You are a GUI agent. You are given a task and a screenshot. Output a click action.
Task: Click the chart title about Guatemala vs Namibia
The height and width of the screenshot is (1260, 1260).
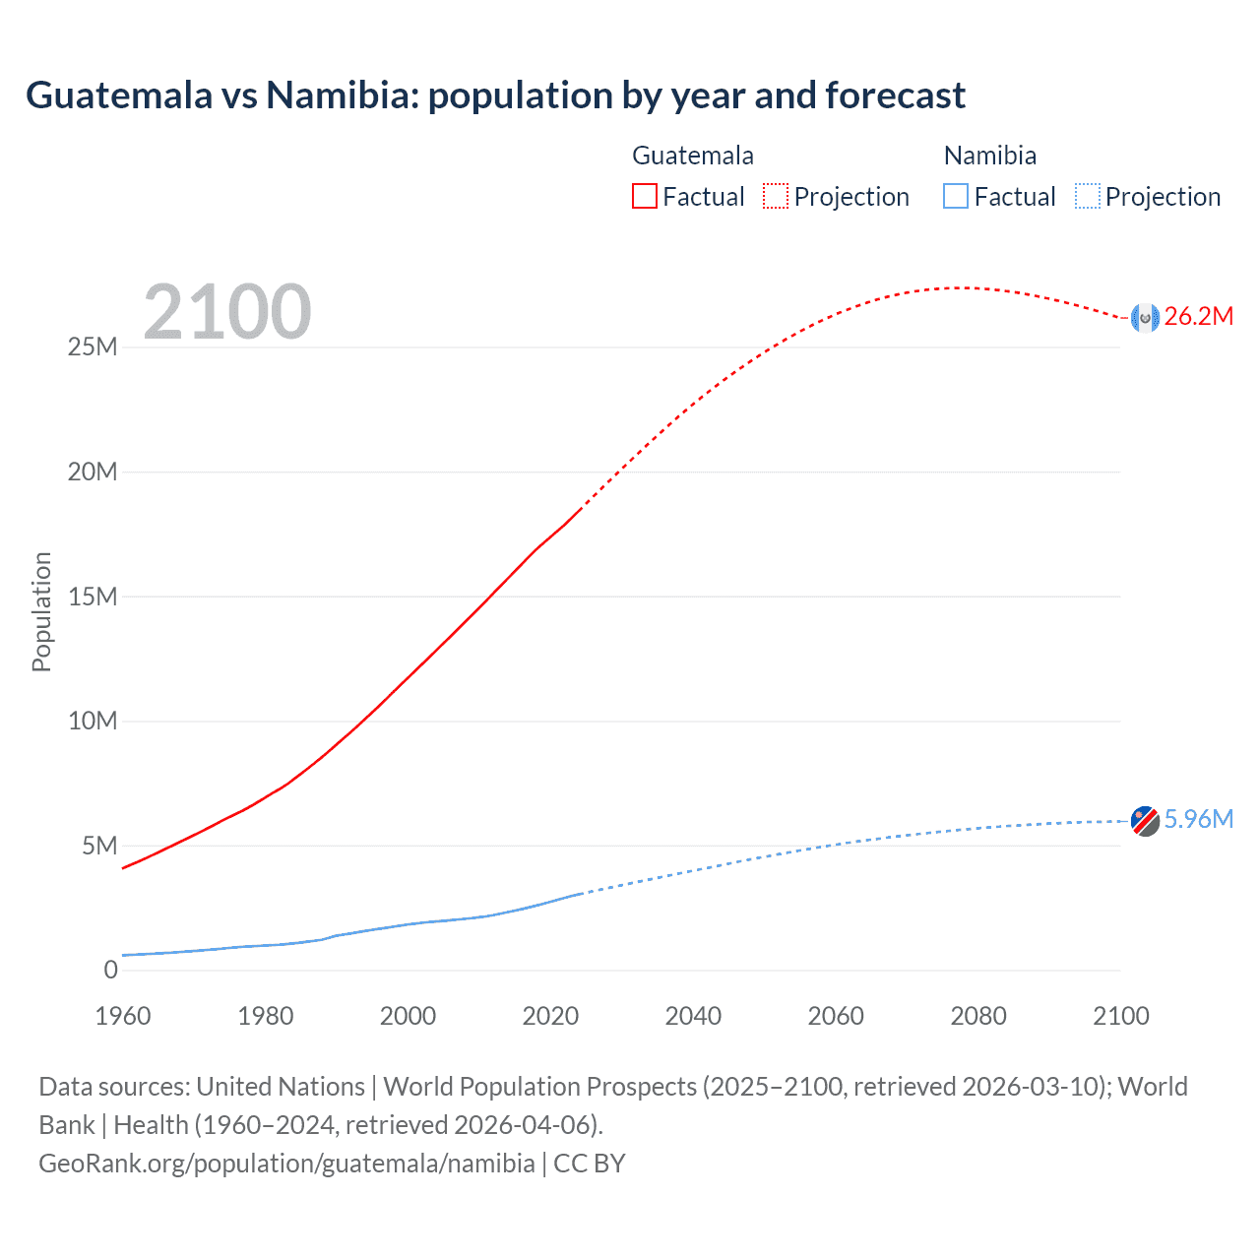pyautogui.click(x=495, y=95)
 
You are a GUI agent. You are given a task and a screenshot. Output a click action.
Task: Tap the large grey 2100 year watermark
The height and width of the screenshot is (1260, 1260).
pyautogui.click(x=227, y=312)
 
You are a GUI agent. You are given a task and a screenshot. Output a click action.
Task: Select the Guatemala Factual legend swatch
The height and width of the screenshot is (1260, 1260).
pyautogui.click(x=644, y=196)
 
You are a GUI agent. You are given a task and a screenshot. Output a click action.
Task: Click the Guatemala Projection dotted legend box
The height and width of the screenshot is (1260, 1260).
pyautogui.click(x=776, y=196)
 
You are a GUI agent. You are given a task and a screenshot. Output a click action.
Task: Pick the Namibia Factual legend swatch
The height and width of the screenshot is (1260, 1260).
pyautogui.click(x=956, y=196)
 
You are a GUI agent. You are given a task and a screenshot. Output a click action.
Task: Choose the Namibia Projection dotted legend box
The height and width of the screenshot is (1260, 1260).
pyautogui.click(x=1087, y=196)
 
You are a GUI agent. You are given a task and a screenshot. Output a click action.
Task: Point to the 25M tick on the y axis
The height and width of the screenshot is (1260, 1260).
pyautogui.click(x=93, y=347)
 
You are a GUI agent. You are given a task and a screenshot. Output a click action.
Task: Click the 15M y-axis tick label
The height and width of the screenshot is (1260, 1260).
pyautogui.click(x=93, y=597)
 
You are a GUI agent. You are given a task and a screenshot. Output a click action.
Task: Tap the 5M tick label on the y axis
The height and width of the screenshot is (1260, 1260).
pyautogui.click(x=99, y=846)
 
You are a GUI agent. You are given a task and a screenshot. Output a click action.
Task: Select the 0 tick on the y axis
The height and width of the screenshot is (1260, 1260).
pyautogui.click(x=110, y=970)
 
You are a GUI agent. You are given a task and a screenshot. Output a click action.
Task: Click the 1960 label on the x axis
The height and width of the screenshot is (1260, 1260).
pyautogui.click(x=123, y=1016)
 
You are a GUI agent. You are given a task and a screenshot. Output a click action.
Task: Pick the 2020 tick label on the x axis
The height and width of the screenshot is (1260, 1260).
pyautogui.click(x=550, y=1016)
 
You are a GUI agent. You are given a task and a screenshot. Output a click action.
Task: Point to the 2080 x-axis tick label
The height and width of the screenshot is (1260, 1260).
pyautogui.click(x=978, y=1016)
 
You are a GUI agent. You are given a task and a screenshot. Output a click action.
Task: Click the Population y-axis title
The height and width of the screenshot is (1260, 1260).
pyautogui.click(x=41, y=611)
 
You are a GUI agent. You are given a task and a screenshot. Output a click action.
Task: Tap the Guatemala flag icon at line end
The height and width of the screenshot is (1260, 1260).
pyautogui.click(x=1145, y=317)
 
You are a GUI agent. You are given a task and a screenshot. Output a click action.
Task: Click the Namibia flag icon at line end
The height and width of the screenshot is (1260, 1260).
pyautogui.click(x=1145, y=820)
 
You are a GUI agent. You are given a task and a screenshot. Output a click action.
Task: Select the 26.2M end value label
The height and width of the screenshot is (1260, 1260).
pyautogui.click(x=1198, y=317)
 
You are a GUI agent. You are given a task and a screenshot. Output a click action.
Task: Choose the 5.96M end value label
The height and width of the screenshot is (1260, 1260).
pyautogui.click(x=1198, y=820)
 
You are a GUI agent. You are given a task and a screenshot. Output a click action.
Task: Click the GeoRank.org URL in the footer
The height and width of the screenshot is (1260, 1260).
pyautogui.click(x=286, y=1164)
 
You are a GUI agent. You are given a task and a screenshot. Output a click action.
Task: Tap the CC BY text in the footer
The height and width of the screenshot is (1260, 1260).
pyautogui.click(x=590, y=1164)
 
